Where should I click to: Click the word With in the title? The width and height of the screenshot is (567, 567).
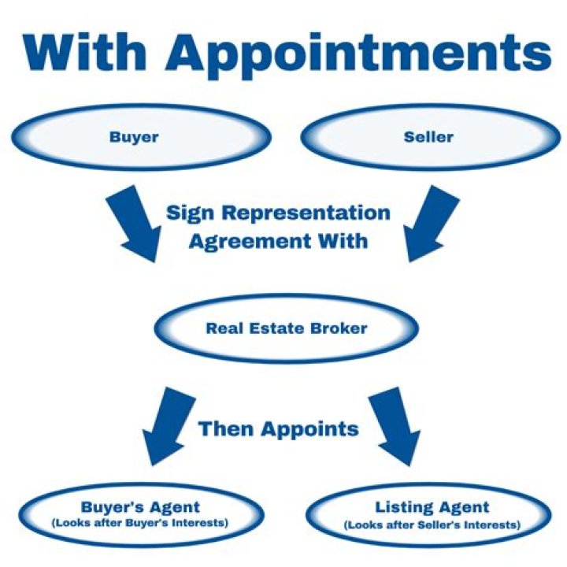85,53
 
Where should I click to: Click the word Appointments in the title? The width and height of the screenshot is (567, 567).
359,56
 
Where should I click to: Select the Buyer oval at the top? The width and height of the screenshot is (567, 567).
141,137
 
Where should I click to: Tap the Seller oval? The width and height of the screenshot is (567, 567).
431,137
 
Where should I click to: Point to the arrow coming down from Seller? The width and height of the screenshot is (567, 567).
431,224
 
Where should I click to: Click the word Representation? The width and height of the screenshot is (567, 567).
306,213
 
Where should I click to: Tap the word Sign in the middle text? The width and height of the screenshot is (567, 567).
190,213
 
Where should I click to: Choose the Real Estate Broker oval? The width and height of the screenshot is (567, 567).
287,328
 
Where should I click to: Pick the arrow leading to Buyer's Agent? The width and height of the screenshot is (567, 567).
169,426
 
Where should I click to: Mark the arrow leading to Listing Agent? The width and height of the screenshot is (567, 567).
395,426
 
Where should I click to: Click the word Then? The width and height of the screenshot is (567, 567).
225,429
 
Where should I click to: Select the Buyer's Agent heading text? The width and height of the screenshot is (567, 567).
140,507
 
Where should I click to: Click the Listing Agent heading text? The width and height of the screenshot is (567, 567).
432,507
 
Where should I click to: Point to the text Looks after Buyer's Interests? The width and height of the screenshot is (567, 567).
140,523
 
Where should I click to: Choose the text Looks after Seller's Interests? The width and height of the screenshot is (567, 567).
432,524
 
